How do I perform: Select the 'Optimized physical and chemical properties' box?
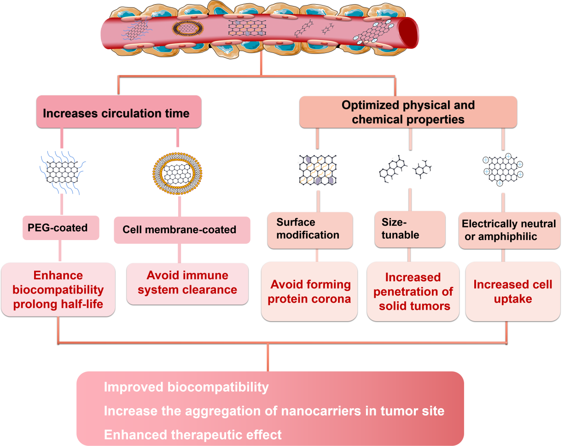pyautogui.click(x=408, y=112)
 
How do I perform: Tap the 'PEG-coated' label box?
pyautogui.click(x=61, y=228)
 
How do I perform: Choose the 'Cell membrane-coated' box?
pyautogui.click(x=182, y=230)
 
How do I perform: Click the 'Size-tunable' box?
pyautogui.click(x=410, y=229)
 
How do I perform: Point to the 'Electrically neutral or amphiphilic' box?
pyautogui.click(x=509, y=230)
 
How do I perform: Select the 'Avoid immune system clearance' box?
pyautogui.click(x=187, y=283)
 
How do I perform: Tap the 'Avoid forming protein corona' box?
pyautogui.click(x=309, y=291)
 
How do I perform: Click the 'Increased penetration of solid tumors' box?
pyautogui.click(x=413, y=291)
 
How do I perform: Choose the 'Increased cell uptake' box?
pyautogui.click(x=513, y=291)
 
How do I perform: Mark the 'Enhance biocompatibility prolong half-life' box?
pyautogui.click(x=58, y=289)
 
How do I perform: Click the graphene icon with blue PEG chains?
pyautogui.click(x=62, y=172)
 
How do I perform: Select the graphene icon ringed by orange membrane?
pyautogui.click(x=177, y=174)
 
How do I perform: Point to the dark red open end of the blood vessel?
pyautogui.click(x=408, y=33)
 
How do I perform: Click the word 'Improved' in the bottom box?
pyautogui.click(x=134, y=387)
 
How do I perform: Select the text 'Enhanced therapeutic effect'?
pyautogui.click(x=193, y=435)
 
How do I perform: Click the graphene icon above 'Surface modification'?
pyautogui.click(x=317, y=170)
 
